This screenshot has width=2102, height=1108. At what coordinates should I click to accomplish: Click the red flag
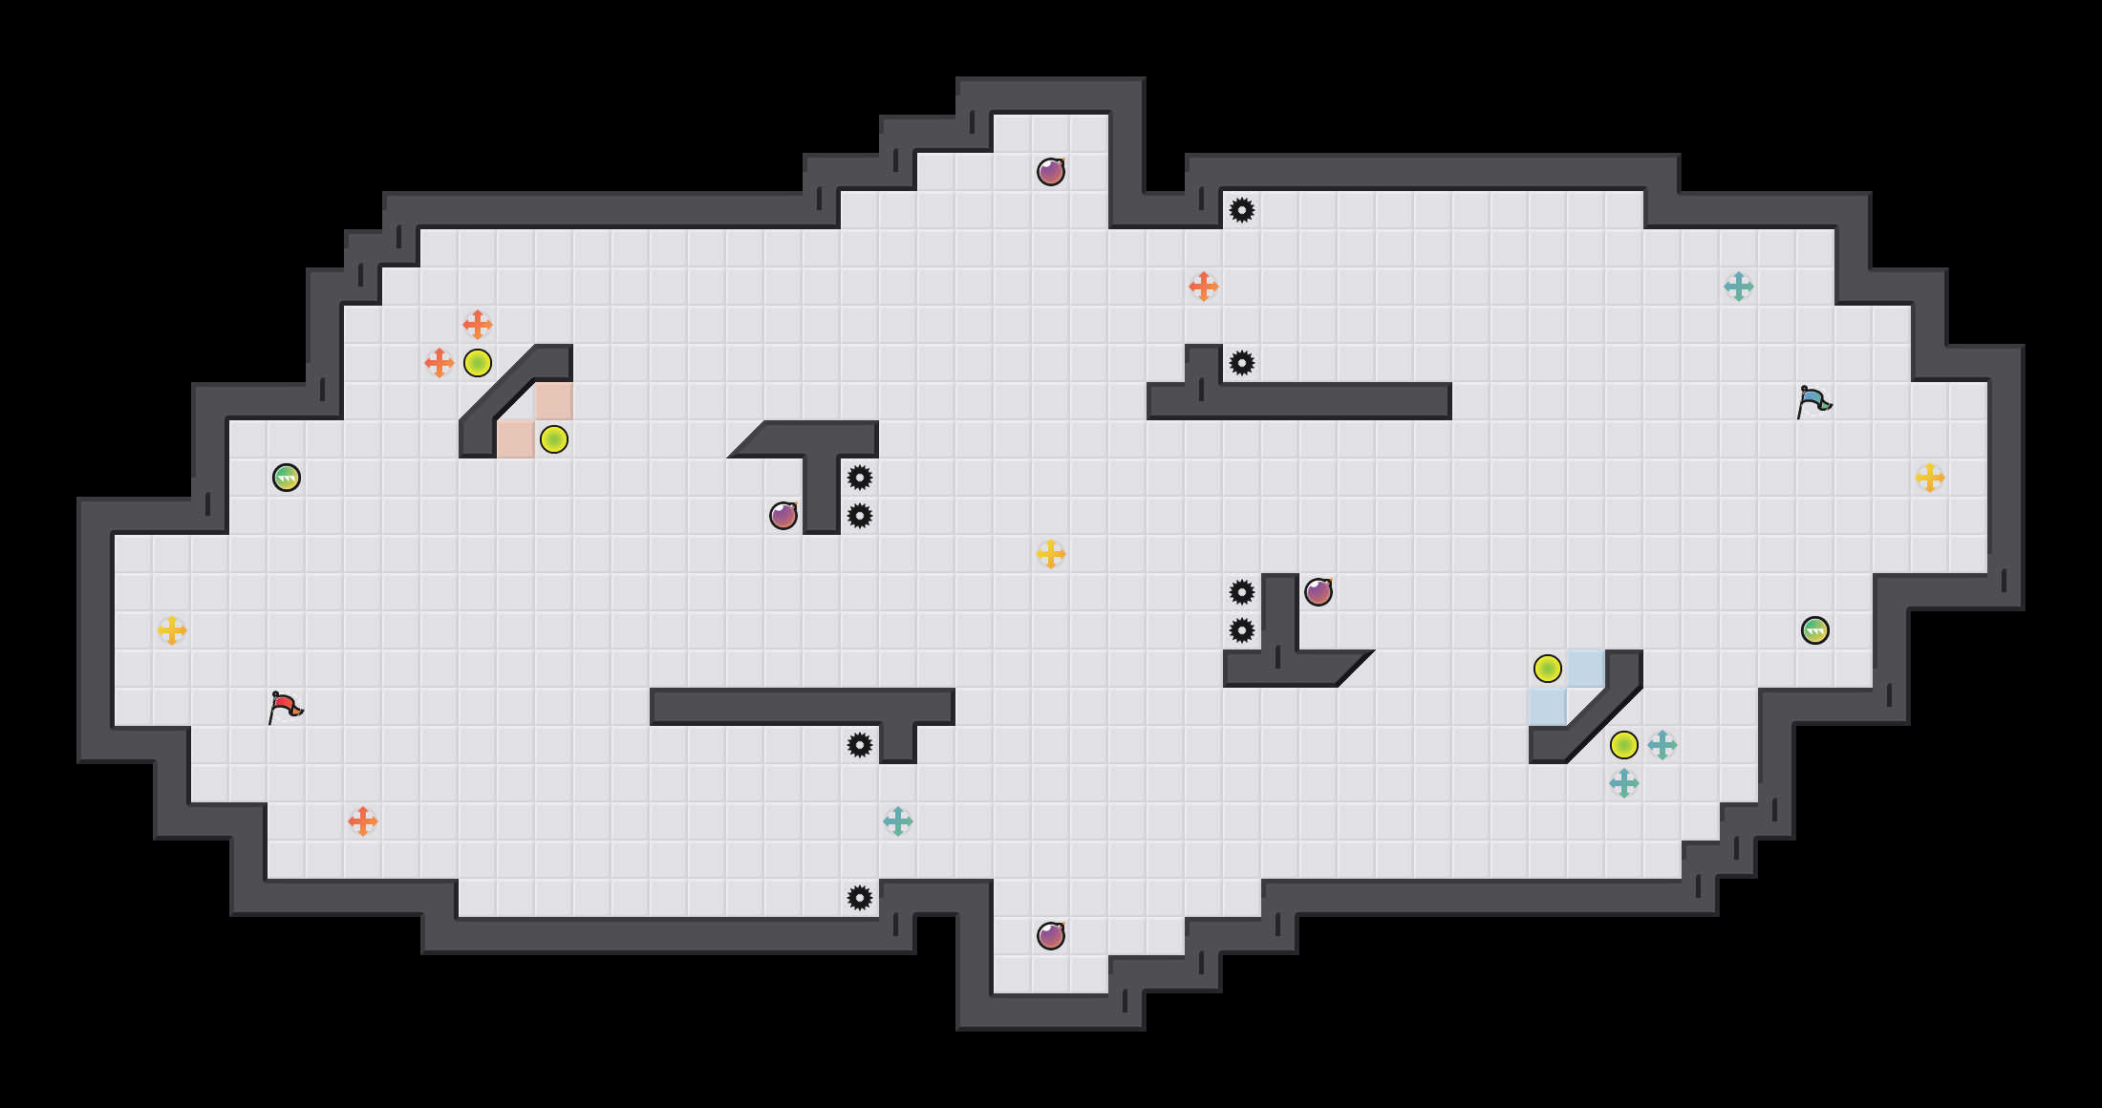pos(285,708)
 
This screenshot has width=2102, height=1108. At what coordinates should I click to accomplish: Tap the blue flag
pos(1813,402)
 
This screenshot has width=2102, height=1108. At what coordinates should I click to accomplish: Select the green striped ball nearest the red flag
pos(287,478)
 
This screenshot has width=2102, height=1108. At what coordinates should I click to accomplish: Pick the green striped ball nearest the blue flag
pos(1815,630)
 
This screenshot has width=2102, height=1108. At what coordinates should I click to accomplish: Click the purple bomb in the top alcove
pos(1051,172)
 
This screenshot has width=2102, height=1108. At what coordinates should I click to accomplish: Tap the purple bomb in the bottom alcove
pos(1051,936)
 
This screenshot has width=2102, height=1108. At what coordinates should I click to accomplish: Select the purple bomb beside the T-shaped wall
pos(783,516)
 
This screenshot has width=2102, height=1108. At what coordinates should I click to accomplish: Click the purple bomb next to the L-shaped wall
pos(1319,592)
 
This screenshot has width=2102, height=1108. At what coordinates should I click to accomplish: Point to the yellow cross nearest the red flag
pos(172,630)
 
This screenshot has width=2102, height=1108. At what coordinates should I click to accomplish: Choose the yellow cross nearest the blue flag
pos(1930,478)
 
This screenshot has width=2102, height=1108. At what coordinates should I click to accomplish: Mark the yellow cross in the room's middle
pos(1051,554)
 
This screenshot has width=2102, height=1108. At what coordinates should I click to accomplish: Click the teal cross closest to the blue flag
pos(1739,287)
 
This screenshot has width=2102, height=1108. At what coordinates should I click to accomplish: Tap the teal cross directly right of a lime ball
pos(1662,745)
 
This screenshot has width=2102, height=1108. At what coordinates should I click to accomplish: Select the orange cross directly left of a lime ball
pos(440,363)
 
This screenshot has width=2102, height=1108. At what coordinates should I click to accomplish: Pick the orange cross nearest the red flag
pos(363,821)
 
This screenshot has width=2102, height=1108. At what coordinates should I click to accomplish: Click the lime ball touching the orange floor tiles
pos(554,439)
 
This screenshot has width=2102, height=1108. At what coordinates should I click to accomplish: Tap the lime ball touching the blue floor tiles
pos(1548,669)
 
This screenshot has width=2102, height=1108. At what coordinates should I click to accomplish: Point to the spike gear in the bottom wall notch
pos(860,898)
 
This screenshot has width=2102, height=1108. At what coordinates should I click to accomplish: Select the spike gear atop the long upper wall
pos(1242,363)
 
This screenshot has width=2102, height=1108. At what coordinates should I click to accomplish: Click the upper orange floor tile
pos(554,401)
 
